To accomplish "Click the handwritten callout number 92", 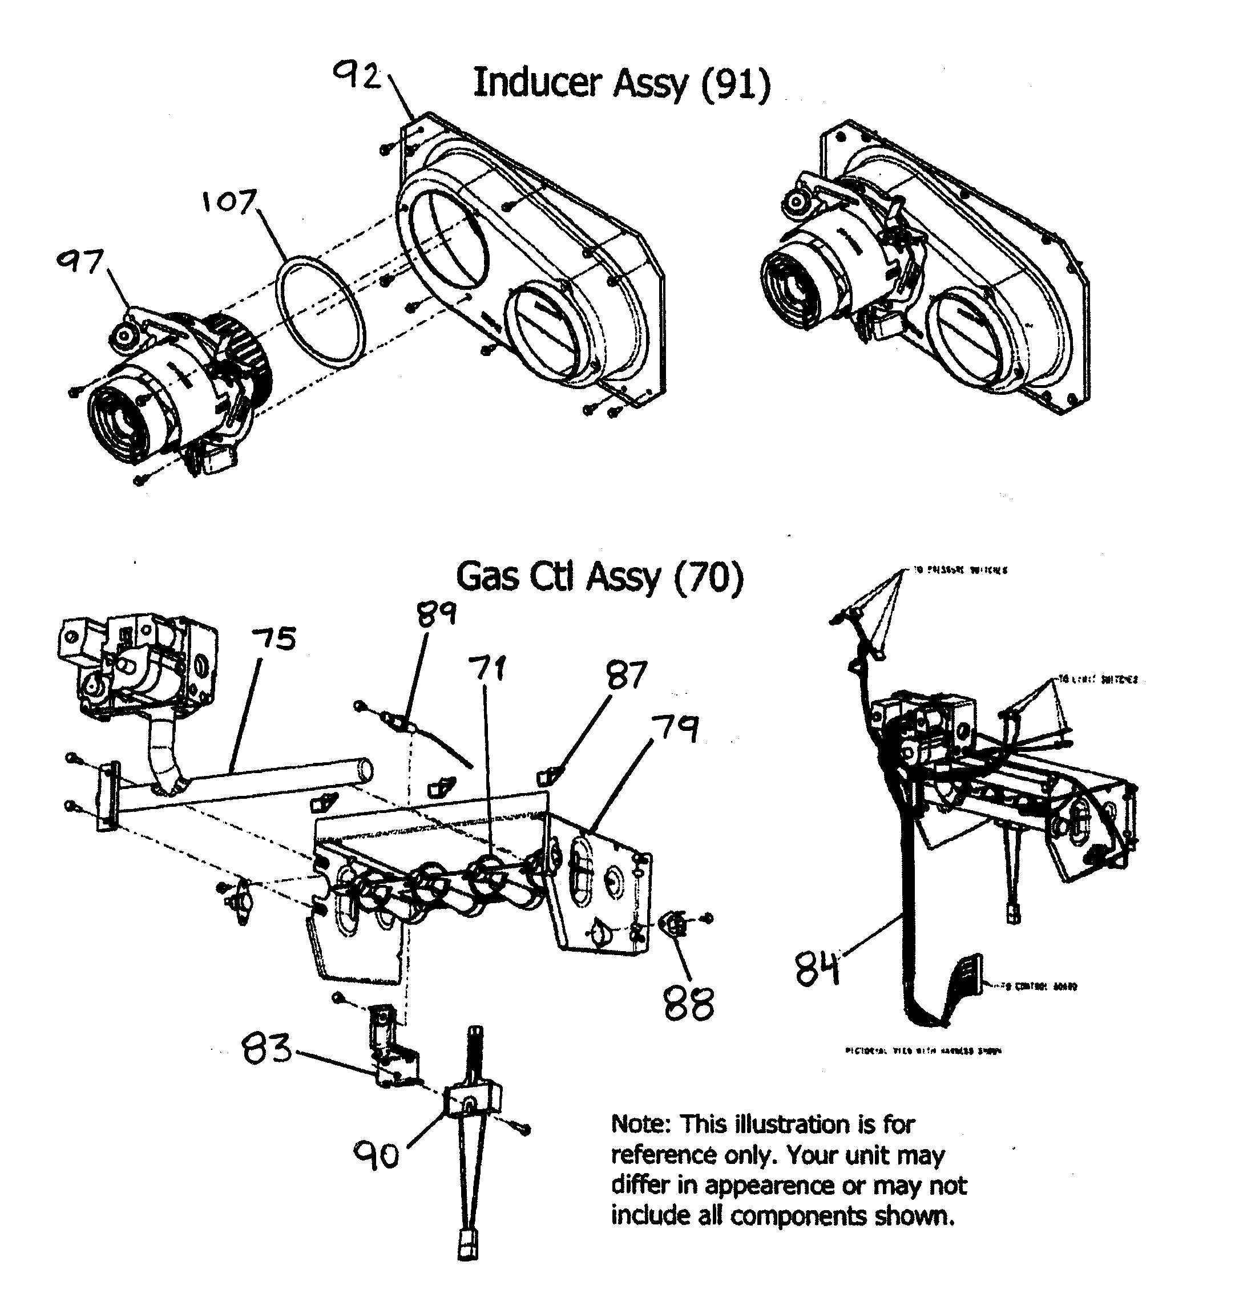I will click(357, 76).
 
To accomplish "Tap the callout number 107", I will click(228, 201).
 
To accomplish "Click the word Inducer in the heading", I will click(537, 84).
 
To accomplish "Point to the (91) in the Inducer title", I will click(734, 85).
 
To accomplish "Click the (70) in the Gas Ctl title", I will click(708, 577).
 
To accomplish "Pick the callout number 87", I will click(627, 675).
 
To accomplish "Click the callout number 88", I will click(689, 1005).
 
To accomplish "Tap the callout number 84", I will click(817, 969).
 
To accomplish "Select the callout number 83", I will click(267, 1049).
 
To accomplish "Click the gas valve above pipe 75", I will click(138, 668).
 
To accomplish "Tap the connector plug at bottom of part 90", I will click(467, 1249).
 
